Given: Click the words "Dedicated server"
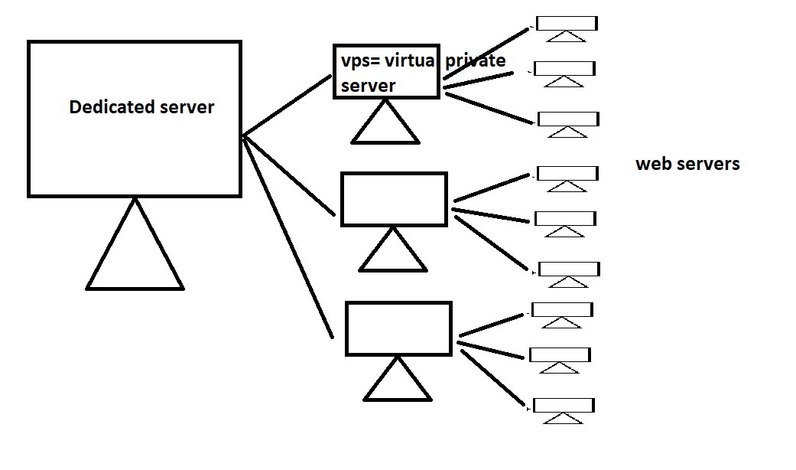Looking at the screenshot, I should [x=141, y=107].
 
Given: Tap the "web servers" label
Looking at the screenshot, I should [x=687, y=164].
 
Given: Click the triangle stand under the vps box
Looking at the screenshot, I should [x=385, y=127].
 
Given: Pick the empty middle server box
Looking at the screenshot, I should [x=394, y=199].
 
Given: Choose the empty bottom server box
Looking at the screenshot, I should [x=398, y=328].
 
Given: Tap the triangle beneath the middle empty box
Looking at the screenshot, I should [x=392, y=255].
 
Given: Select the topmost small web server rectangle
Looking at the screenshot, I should [x=567, y=23].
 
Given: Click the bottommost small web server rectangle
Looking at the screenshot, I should [x=564, y=406].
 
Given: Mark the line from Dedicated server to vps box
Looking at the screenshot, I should [x=287, y=106].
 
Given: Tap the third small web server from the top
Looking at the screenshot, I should [x=568, y=119].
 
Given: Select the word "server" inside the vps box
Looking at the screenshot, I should [x=369, y=86].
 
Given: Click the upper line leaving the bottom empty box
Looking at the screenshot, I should [x=493, y=325].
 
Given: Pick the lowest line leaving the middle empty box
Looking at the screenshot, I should [x=492, y=243].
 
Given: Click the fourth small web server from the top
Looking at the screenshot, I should [x=567, y=174].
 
